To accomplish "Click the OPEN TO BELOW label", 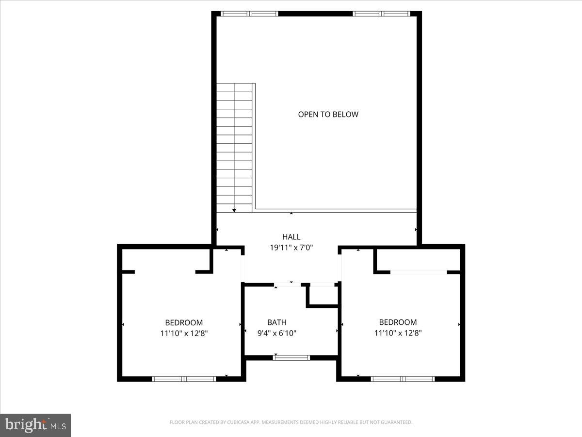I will click(328, 115).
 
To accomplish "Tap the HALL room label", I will click(291, 237).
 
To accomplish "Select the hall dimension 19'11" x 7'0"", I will click(291, 248).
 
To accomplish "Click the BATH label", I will click(276, 322).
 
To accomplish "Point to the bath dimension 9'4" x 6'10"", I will click(276, 333).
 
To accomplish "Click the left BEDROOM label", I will click(184, 322).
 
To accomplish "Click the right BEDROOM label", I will click(398, 322).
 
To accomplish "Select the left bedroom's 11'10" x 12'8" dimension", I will click(184, 333).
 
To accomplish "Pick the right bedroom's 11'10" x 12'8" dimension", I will click(398, 333).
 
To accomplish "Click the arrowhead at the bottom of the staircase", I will click(234, 210).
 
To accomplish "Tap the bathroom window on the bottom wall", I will click(291, 358).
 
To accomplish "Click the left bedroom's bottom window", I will click(184, 379).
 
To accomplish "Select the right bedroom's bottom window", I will click(403, 379).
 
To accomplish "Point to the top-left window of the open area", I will click(249, 14).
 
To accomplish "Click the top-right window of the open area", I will click(382, 14).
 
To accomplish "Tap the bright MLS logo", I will click(35, 425).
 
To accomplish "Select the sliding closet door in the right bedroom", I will click(419, 272).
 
